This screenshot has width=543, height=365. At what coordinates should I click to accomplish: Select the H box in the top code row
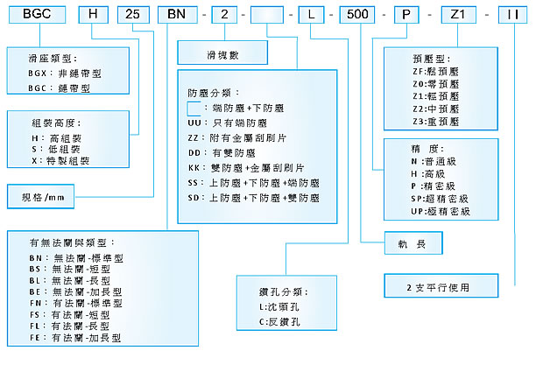tap(91, 15)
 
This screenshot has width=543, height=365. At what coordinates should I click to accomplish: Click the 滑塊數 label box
tap(209, 53)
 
